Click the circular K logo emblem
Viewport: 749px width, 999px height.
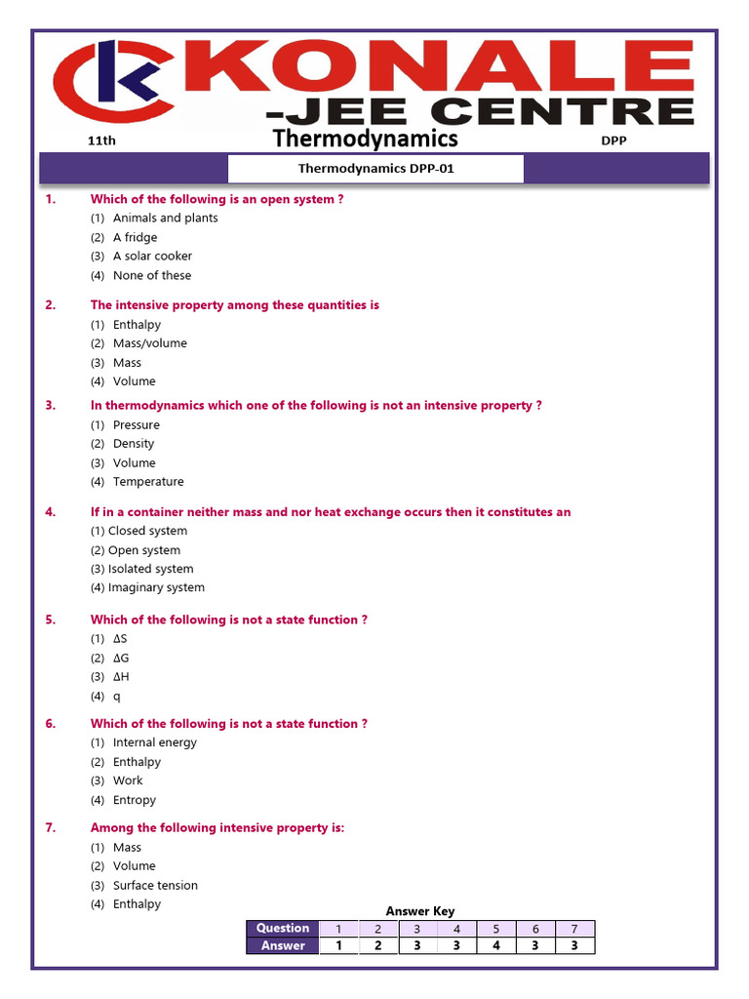(114, 85)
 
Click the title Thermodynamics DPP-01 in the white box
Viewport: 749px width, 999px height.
(375, 168)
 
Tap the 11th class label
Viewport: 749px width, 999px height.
(101, 140)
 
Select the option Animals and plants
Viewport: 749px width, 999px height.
(165, 218)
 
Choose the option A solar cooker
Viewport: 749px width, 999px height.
(152, 256)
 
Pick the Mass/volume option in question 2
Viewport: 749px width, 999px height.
(149, 343)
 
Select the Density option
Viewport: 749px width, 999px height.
(134, 443)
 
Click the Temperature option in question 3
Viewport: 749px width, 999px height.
(148, 481)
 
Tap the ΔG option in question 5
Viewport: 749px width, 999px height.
(121, 658)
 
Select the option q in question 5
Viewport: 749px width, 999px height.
(117, 696)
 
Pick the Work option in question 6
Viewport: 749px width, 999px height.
(128, 780)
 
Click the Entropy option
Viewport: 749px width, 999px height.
(135, 800)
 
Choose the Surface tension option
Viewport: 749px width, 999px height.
(155, 885)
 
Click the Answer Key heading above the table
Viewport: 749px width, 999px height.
(420, 911)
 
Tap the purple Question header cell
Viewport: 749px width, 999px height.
(283, 928)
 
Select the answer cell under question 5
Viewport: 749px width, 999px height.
(495, 945)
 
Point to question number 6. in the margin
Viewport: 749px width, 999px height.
(51, 723)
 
